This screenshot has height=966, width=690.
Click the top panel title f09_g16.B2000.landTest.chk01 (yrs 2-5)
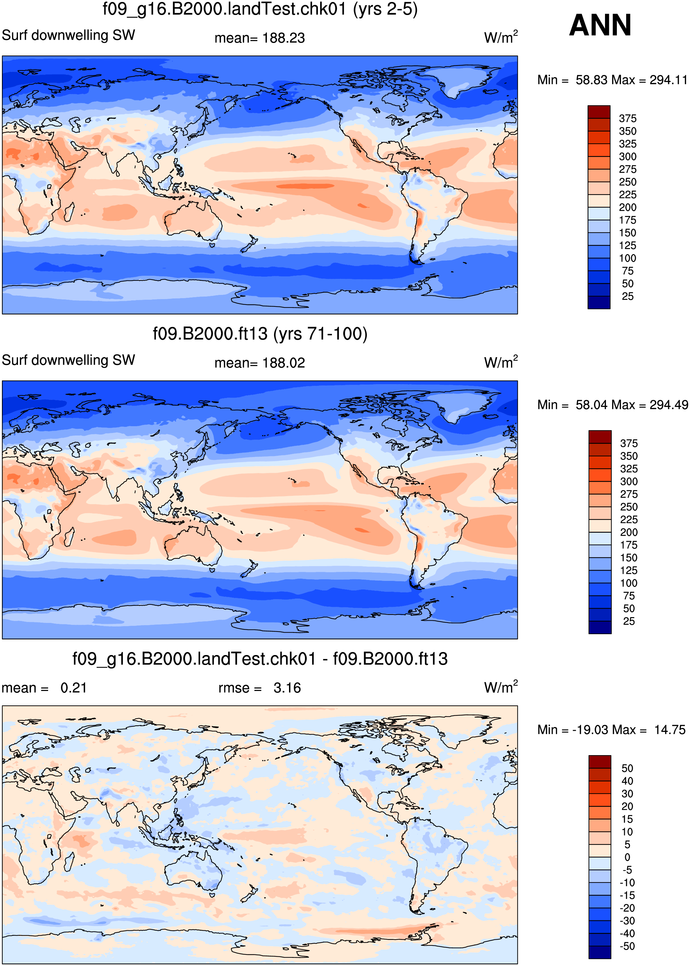(260, 9)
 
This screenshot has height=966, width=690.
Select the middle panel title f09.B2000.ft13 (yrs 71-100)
(260, 334)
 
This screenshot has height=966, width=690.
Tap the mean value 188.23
(283, 38)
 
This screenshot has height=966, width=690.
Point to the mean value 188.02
(283, 363)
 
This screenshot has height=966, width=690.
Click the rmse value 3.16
(287, 688)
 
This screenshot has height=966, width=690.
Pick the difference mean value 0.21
(73, 688)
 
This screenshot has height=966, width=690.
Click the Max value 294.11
(668, 80)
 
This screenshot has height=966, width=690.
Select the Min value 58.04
(594, 405)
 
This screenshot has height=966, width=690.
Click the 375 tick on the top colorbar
(627, 118)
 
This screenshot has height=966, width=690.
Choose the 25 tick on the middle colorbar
(629, 621)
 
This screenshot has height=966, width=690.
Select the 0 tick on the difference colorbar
(627, 858)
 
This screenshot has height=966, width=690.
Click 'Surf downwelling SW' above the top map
(68, 35)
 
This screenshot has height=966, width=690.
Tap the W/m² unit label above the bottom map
(501, 687)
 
